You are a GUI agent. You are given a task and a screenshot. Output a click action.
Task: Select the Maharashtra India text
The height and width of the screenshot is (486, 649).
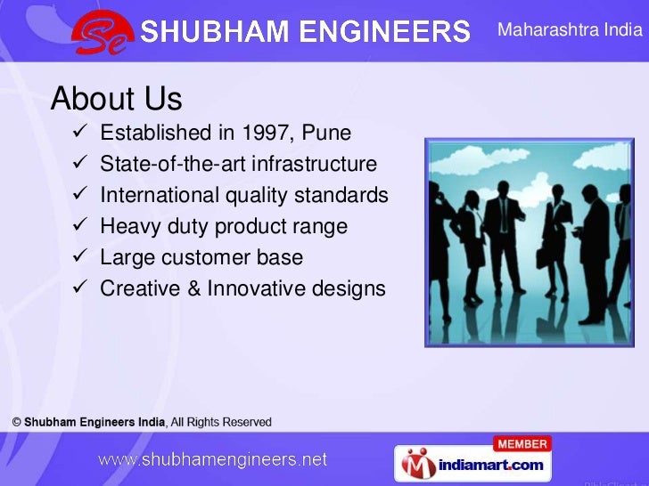(570, 30)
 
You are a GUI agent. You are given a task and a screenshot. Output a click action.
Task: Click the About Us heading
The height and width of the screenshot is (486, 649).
(116, 99)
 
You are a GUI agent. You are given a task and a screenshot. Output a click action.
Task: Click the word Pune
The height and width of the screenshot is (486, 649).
(327, 134)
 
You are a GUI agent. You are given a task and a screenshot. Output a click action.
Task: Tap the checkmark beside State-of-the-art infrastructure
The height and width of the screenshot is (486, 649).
(78, 165)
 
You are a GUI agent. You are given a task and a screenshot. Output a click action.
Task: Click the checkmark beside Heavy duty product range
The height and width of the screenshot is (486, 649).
(78, 227)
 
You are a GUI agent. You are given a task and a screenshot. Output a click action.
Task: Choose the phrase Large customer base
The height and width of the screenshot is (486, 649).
(201, 258)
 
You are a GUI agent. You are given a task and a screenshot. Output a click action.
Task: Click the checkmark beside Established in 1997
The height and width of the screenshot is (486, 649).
(78, 134)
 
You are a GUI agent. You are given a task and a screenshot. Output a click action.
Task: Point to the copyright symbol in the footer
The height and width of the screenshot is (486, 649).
(17, 422)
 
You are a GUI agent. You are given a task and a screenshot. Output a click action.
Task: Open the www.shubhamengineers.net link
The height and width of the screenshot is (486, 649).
(212, 460)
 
